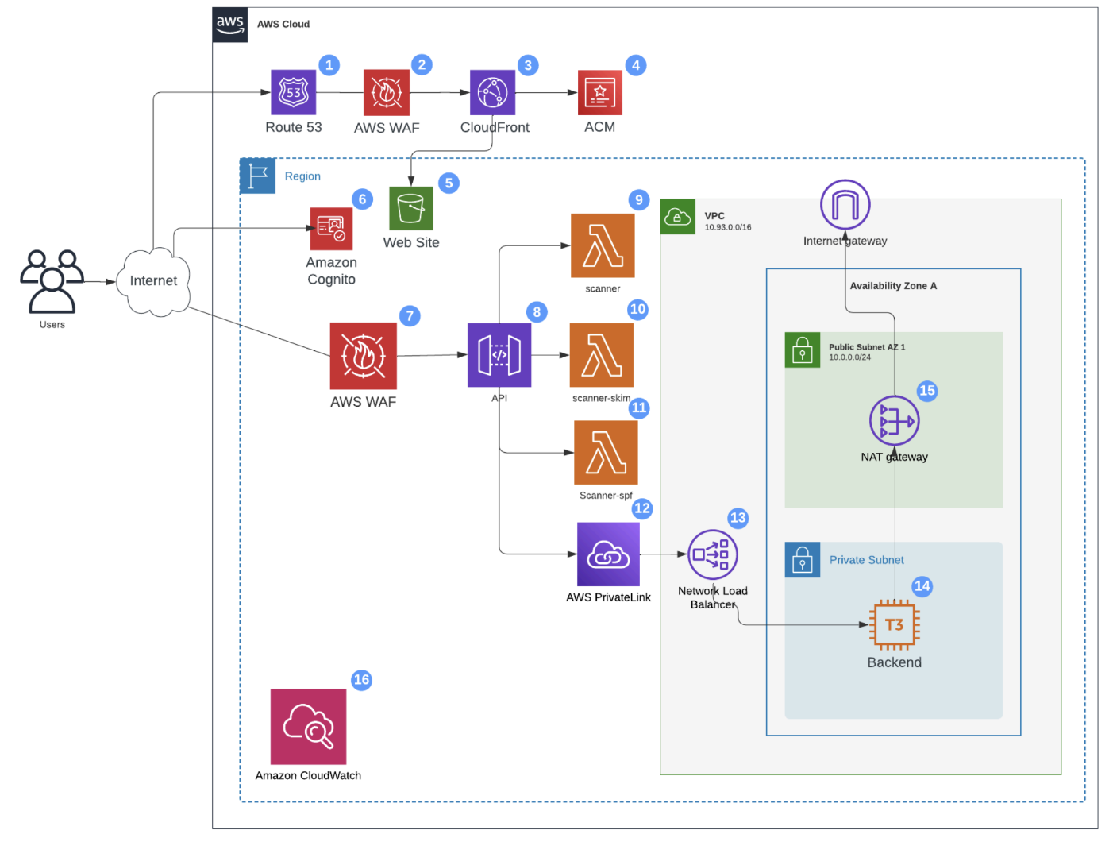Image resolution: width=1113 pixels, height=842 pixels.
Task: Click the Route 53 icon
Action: pos(294,92)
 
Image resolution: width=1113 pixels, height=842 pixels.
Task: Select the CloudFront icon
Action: pos(492,92)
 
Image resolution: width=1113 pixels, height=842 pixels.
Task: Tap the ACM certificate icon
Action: pos(600,92)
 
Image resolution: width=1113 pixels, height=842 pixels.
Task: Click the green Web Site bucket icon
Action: pos(411,208)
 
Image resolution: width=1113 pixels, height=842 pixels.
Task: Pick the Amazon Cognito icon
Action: pos(331,229)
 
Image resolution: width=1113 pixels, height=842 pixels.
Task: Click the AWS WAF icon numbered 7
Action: pos(364,356)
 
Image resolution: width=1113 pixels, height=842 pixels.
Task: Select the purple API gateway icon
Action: pos(499,355)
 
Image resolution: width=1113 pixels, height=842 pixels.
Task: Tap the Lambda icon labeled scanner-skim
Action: pos(602,355)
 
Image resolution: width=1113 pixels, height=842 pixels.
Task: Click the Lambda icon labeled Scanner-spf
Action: pos(606,452)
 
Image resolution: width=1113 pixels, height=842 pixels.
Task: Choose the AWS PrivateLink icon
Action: pos(609,554)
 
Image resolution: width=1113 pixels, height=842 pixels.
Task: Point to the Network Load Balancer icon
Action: pos(713,554)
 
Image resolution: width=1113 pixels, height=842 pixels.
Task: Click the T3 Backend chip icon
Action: pos(895,625)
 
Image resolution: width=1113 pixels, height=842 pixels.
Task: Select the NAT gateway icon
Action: pos(895,420)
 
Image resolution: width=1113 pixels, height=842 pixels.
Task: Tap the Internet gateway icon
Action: pos(845,205)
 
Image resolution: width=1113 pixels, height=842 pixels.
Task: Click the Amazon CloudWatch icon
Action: pos(309,727)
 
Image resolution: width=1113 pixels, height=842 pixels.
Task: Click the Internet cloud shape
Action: pos(153,281)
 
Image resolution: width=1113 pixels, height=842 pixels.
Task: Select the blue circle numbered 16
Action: pos(362,680)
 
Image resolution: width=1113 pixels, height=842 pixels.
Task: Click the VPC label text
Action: pos(714,216)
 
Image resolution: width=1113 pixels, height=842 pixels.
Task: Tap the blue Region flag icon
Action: pos(258,176)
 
